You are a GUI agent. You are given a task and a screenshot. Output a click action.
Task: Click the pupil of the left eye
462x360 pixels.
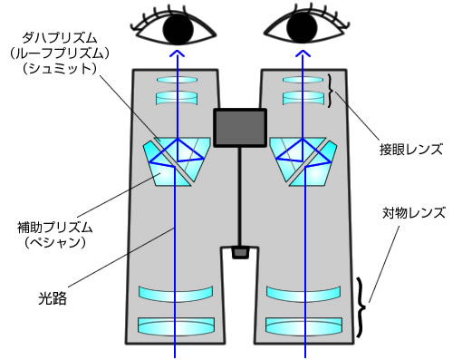point(178,31)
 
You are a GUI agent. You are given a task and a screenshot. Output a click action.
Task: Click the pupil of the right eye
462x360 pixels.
point(303,31)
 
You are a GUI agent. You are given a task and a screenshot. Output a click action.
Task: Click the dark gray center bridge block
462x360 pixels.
point(240,128)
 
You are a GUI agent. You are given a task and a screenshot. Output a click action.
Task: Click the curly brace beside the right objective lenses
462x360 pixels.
point(365,306)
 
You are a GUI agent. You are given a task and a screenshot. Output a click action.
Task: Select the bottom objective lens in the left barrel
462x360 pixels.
point(177,325)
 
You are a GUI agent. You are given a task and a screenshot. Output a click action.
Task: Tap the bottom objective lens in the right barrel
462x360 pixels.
point(304,325)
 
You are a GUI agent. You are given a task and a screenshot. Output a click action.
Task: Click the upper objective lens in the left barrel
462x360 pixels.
point(177,294)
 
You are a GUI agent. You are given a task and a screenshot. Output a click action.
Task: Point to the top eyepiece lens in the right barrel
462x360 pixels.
point(303,80)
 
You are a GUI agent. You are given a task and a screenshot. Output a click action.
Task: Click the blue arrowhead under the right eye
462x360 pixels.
point(303,55)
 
